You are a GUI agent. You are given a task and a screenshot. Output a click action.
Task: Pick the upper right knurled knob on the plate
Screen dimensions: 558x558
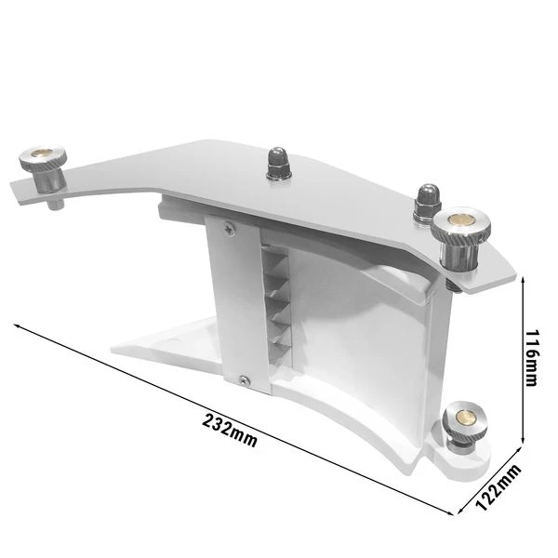pyautogui.click(x=458, y=230)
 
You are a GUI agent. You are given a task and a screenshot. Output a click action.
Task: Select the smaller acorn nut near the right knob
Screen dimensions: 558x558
pyautogui.click(x=426, y=198)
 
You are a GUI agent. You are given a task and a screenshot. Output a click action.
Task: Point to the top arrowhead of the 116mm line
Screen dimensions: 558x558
pyautogui.click(x=529, y=280)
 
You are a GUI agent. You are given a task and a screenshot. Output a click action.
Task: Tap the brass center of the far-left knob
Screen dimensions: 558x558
pyautogui.click(x=43, y=154)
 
